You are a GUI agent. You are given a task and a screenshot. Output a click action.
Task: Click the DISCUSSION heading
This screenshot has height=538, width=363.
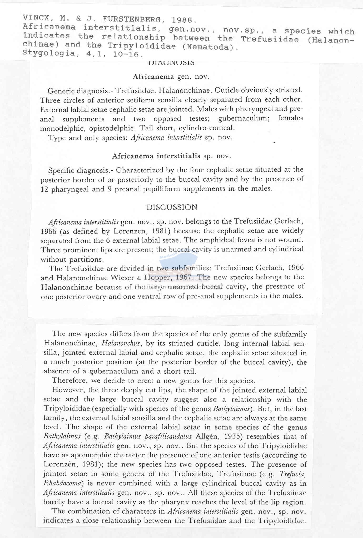pyautogui.click(x=172, y=207)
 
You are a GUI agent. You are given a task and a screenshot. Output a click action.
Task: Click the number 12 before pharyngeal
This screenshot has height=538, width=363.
pyautogui.click(x=44, y=189)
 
